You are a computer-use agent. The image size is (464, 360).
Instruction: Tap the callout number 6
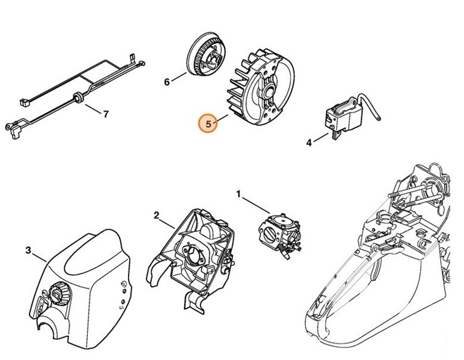167,82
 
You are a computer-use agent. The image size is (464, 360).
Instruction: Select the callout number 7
105,114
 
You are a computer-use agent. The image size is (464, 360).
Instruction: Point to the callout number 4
308,143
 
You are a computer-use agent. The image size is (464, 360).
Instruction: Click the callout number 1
238,193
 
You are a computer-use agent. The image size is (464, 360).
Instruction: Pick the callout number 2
156,215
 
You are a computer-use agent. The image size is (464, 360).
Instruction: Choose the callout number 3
28,251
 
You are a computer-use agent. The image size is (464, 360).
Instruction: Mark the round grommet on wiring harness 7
78,97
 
